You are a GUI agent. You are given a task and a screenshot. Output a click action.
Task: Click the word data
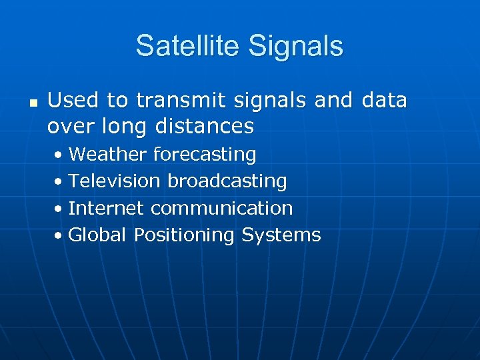click(384, 100)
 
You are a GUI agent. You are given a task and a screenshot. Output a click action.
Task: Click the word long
click(124, 125)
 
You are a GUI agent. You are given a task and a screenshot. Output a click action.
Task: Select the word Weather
click(107, 155)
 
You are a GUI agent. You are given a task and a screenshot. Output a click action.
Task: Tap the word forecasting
click(205, 155)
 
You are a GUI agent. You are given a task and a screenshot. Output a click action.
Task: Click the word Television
click(115, 181)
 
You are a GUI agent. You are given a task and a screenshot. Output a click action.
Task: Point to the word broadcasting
click(227, 181)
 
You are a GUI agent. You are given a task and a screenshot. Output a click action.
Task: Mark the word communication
click(222, 208)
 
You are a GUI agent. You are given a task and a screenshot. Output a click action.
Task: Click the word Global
click(98, 235)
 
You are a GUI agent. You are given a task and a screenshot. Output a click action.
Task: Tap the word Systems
click(281, 235)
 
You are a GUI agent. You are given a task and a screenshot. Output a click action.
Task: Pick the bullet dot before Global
click(59, 236)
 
